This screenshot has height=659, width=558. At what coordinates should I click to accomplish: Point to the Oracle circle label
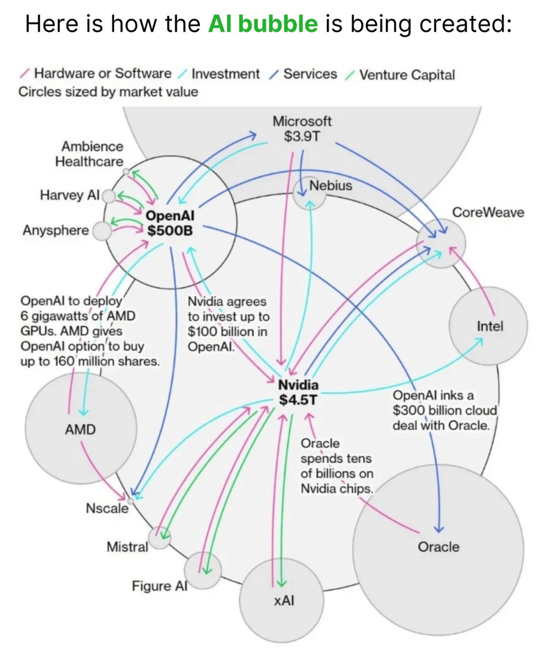(438, 547)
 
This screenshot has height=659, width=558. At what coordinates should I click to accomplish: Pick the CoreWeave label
(488, 212)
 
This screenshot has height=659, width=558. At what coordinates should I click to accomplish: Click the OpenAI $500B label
(170, 223)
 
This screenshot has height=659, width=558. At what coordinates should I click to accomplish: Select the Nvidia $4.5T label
(298, 392)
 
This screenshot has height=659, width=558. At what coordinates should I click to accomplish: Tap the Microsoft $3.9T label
(301, 129)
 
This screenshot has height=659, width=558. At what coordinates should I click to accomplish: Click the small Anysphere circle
(102, 231)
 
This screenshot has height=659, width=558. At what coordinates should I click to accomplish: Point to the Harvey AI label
(69, 195)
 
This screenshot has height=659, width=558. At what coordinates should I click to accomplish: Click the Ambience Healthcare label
(90, 154)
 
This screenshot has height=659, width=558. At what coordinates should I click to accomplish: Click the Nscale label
(107, 508)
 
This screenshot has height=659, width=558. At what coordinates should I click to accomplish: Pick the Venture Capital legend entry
(407, 75)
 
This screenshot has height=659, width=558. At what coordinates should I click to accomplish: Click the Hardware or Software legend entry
(102, 73)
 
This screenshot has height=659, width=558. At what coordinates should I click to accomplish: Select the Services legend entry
(310, 74)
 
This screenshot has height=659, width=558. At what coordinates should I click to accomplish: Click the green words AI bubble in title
(263, 24)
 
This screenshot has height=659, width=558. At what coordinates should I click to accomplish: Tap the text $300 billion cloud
(444, 411)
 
